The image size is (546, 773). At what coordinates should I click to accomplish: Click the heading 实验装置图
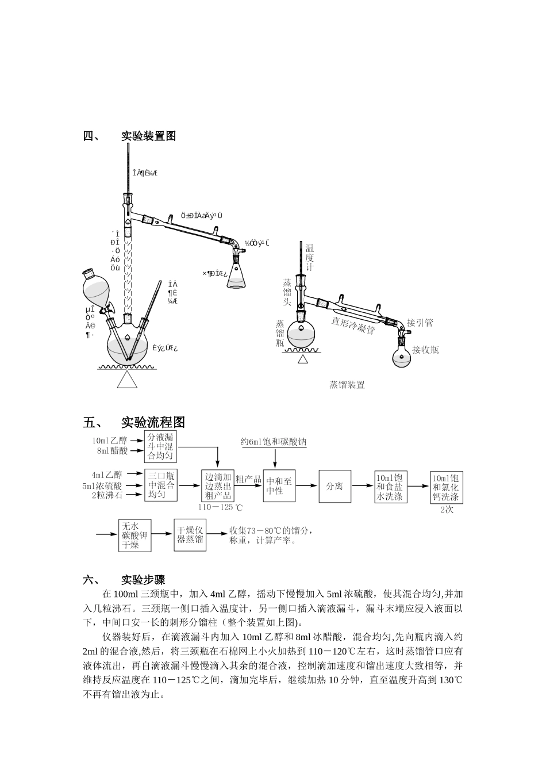pyautogui.click(x=148, y=136)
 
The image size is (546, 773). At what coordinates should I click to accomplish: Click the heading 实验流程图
pyautogui.click(x=153, y=422)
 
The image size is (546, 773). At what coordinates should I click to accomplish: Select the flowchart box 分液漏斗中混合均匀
pyautogui.click(x=160, y=447)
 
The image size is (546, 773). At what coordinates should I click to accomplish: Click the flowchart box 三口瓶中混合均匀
pyautogui.click(x=160, y=485)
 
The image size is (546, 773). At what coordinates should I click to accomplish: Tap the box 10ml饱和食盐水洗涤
pyautogui.click(x=390, y=487)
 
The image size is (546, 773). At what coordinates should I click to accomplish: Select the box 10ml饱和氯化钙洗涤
pyautogui.click(x=446, y=487)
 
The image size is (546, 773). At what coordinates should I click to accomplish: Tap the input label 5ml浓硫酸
pyautogui.click(x=102, y=485)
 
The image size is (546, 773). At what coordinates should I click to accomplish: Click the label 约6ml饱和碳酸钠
pyautogui.click(x=274, y=442)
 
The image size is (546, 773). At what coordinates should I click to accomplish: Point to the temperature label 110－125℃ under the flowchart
pyautogui.click(x=221, y=508)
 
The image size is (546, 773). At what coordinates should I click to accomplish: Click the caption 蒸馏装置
pyautogui.click(x=347, y=385)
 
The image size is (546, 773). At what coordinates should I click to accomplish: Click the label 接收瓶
pyautogui.click(x=425, y=350)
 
